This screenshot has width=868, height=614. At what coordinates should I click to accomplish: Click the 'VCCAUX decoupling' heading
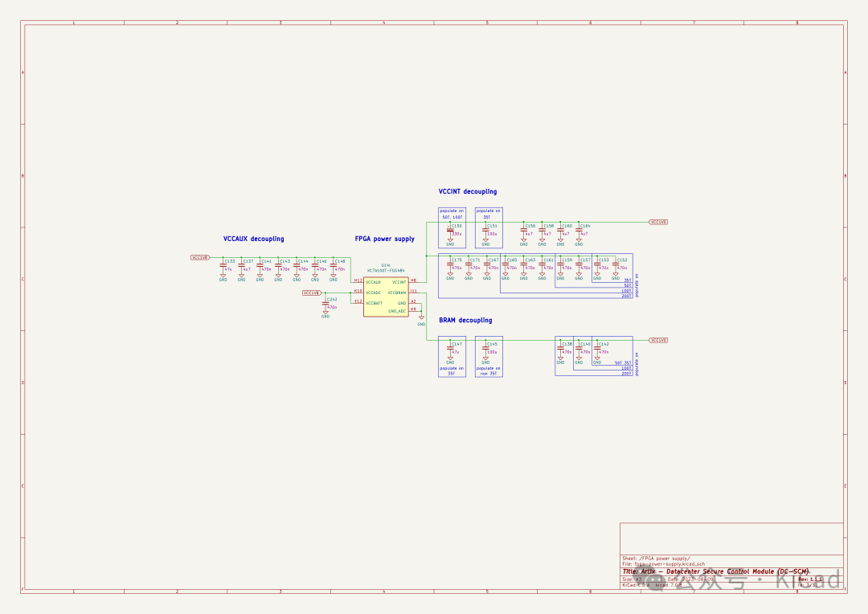point(253,239)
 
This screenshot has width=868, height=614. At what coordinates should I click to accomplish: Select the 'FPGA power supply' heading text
point(385,239)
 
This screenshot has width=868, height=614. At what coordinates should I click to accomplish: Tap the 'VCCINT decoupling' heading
point(468,192)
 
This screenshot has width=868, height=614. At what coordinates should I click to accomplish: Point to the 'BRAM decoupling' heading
point(465,320)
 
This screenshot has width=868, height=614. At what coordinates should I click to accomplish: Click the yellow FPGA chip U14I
point(385,297)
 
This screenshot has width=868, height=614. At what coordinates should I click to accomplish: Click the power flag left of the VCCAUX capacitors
point(200,258)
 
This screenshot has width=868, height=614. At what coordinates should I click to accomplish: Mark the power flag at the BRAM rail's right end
point(658,340)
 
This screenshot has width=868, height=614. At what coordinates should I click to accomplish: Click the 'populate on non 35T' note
point(488,370)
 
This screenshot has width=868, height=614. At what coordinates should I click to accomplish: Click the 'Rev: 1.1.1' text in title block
point(810,579)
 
